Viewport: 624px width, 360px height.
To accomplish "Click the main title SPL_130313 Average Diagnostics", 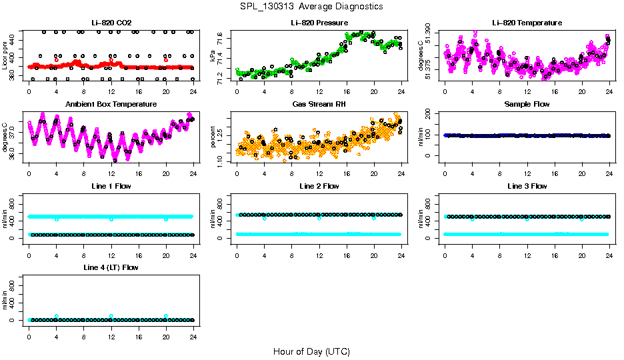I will point(312,6).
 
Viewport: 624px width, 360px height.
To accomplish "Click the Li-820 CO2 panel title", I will point(111,23).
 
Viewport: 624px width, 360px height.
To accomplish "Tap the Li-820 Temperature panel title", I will point(527,23).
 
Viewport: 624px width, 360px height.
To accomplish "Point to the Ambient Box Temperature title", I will point(111,104).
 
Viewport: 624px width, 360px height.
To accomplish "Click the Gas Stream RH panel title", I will point(319,104).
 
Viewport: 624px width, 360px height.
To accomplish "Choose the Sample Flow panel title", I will point(527,104).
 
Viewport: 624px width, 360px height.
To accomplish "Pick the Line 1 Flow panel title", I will point(111,186).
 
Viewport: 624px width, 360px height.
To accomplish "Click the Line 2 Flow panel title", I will point(319,186).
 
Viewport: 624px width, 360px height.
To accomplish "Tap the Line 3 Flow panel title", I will point(527,186).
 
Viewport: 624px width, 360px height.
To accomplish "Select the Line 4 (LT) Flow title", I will point(111,267).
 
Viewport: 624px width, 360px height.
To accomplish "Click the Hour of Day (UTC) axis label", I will point(311,351).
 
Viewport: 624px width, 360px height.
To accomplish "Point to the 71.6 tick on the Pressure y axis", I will point(221,39).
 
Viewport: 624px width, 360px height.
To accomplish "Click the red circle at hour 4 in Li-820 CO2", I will point(57,60).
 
